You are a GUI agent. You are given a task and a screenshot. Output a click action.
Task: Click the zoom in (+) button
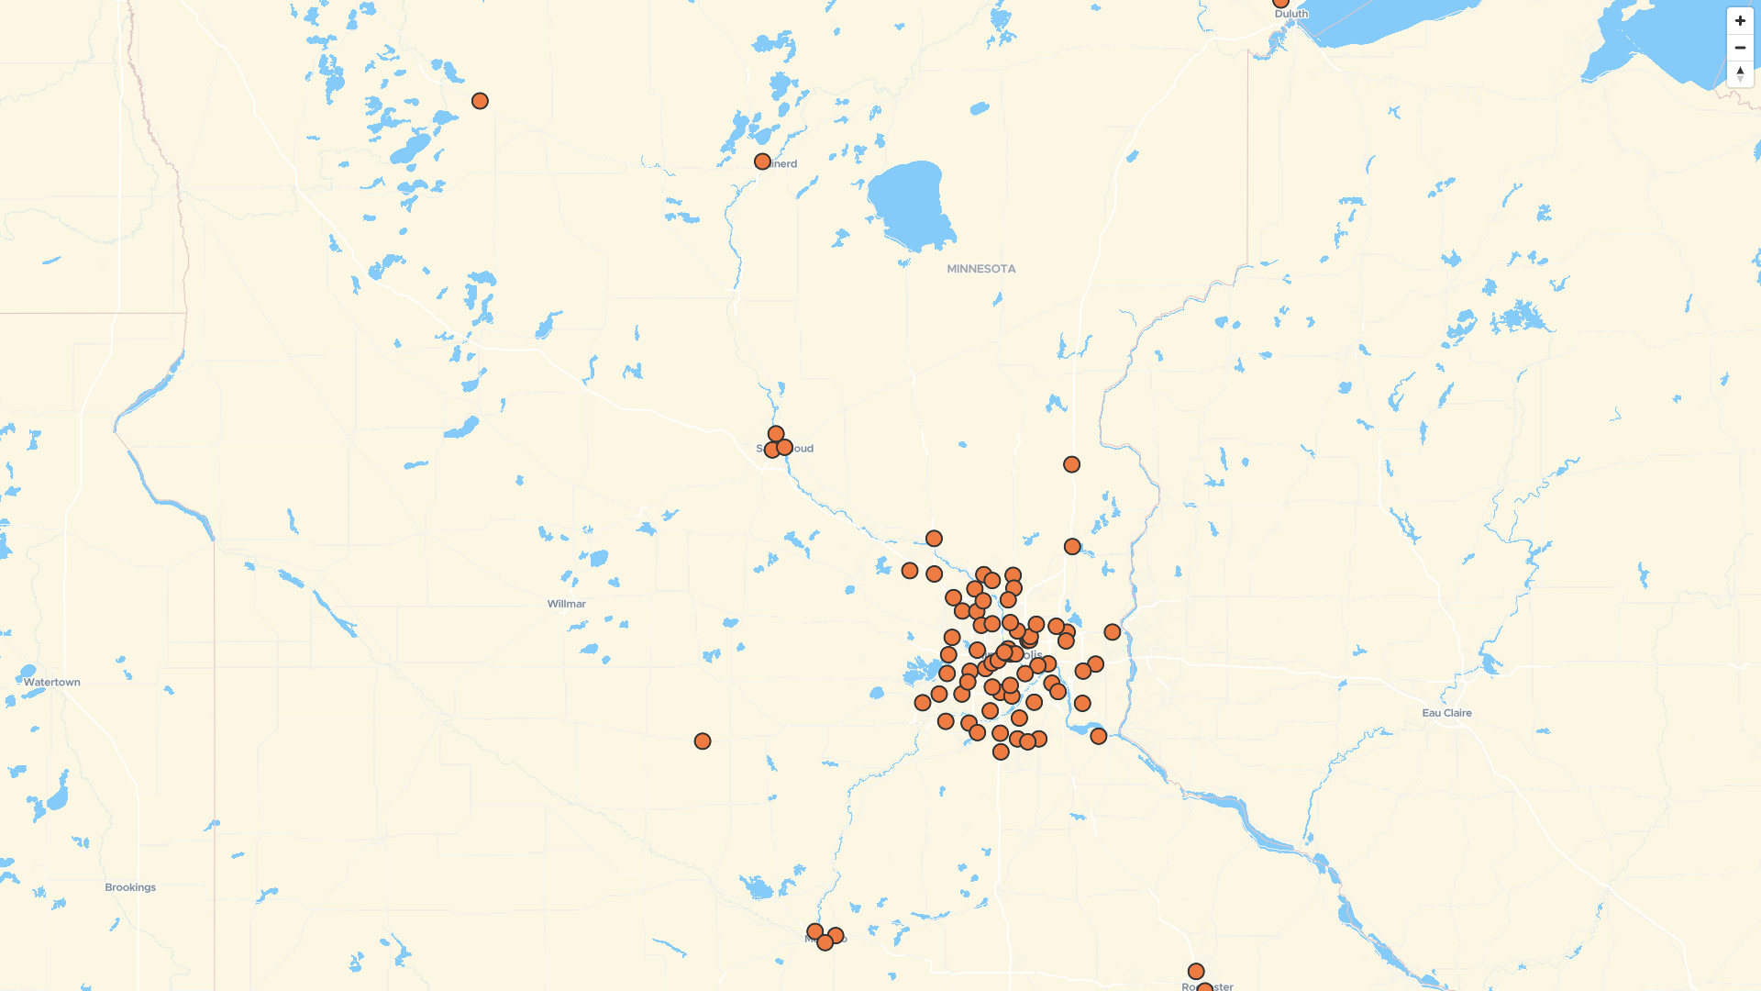pyautogui.click(x=1740, y=21)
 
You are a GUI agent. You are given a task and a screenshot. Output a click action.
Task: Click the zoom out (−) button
pyautogui.click(x=1740, y=48)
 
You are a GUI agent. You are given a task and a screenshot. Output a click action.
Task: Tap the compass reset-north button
pyautogui.click(x=1740, y=73)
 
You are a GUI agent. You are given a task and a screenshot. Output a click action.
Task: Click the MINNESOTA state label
pyautogui.click(x=980, y=269)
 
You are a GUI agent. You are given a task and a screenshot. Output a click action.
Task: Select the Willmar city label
pyautogui.click(x=566, y=604)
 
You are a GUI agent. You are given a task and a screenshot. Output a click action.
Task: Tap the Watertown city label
pyautogui.click(x=51, y=683)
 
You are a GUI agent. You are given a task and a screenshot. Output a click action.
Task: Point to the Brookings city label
pyautogui.click(x=130, y=887)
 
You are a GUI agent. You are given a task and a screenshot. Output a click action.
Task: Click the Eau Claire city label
pyautogui.click(x=1446, y=713)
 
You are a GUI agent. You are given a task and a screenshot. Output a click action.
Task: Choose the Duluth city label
pyautogui.click(x=1291, y=14)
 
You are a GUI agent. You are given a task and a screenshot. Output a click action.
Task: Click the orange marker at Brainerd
pyautogui.click(x=762, y=161)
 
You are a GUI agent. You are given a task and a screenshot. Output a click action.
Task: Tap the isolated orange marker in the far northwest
pyautogui.click(x=480, y=101)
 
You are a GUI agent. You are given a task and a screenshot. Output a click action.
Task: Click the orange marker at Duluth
pyautogui.click(x=1280, y=3)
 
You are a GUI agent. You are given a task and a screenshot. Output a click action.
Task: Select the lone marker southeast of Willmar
pyautogui.click(x=703, y=741)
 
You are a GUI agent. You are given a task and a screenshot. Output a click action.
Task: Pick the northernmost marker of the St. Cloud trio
pyautogui.click(x=776, y=434)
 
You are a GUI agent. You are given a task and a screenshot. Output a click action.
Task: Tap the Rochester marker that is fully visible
pyautogui.click(x=1196, y=972)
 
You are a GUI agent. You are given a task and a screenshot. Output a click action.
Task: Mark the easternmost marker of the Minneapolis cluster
pyautogui.click(x=1113, y=632)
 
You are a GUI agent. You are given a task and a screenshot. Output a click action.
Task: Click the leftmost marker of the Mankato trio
pyautogui.click(x=814, y=932)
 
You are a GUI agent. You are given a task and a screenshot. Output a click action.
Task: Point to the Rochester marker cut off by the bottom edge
pyautogui.click(x=1205, y=988)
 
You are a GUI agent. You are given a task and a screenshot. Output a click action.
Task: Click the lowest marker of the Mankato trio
pyautogui.click(x=825, y=942)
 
